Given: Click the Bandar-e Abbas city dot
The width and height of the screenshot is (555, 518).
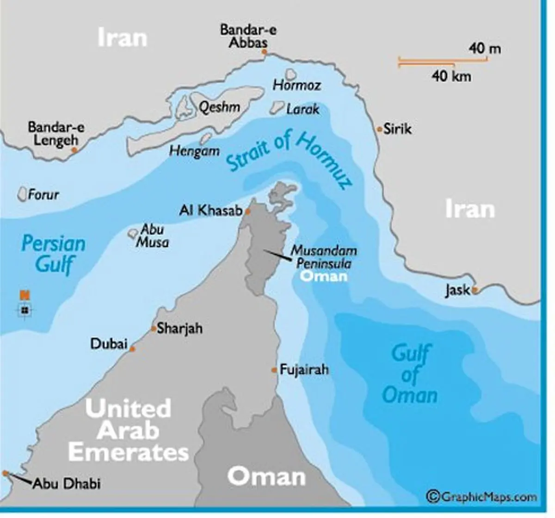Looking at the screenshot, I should (x=265, y=52).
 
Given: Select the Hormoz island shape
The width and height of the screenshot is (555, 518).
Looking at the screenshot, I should (x=291, y=74).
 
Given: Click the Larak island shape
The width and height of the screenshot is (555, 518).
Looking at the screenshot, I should (x=277, y=108).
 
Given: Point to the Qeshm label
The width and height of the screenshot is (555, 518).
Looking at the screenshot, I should (x=219, y=107).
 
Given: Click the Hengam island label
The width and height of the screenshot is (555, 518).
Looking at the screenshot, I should (x=194, y=151).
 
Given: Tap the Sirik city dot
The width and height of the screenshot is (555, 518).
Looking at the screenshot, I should (x=380, y=129).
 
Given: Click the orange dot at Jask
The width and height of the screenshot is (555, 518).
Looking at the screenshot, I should (x=474, y=290).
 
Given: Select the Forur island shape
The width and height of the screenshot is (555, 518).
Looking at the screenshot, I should (x=22, y=194).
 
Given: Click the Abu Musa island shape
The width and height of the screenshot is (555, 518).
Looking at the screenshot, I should (x=133, y=232).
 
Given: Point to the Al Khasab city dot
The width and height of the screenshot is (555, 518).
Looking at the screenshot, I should (x=247, y=212).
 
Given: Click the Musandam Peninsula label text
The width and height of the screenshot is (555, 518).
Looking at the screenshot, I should (x=324, y=257).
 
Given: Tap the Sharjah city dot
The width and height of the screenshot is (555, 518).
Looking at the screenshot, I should (x=154, y=329).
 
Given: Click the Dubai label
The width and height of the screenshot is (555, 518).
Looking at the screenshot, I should (x=109, y=344).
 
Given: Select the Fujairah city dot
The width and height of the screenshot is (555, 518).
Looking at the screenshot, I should (x=274, y=370).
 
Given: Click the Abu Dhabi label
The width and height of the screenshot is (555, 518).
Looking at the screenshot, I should (x=68, y=484).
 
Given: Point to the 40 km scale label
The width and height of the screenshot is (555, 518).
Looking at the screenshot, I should (x=451, y=75).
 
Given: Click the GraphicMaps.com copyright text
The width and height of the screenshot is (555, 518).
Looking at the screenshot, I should (x=482, y=497).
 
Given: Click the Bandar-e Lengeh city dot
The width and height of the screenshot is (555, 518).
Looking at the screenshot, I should (x=74, y=150).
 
